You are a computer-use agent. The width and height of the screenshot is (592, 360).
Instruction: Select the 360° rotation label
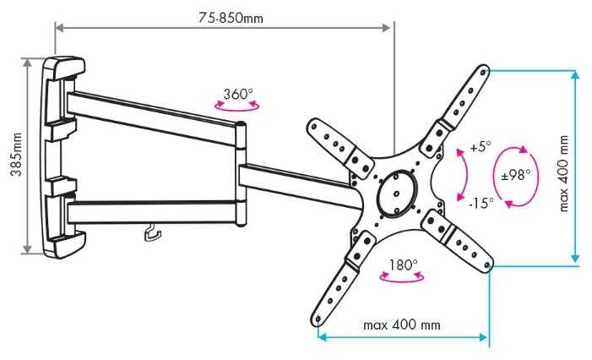coord(239,94)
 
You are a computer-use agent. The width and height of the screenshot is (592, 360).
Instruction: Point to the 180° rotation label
coord(402,265)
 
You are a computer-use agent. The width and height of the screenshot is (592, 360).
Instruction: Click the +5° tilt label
coord(480,146)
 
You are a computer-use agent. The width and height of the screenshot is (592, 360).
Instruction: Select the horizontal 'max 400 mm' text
coord(401,325)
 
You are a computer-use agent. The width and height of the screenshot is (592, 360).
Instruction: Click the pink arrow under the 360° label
coord(237,107)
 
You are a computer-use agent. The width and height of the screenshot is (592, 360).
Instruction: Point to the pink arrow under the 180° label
coord(401,279)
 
